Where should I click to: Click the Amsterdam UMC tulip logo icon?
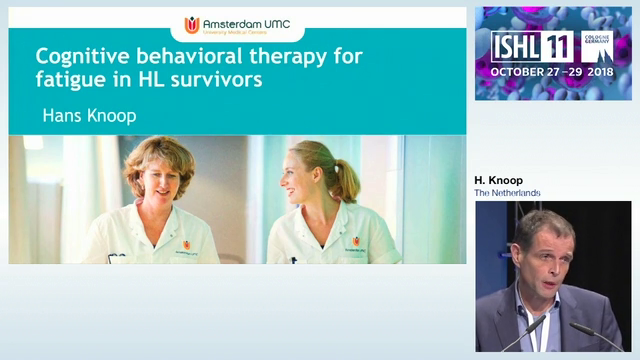click(192, 25)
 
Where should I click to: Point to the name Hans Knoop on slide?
click(89, 116)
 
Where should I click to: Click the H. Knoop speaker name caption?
click(499, 180)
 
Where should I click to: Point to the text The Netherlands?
click(507, 192)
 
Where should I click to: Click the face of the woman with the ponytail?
click(304, 180)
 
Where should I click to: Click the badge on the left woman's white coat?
click(186, 244)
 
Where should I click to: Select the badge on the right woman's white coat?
click(355, 241)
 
